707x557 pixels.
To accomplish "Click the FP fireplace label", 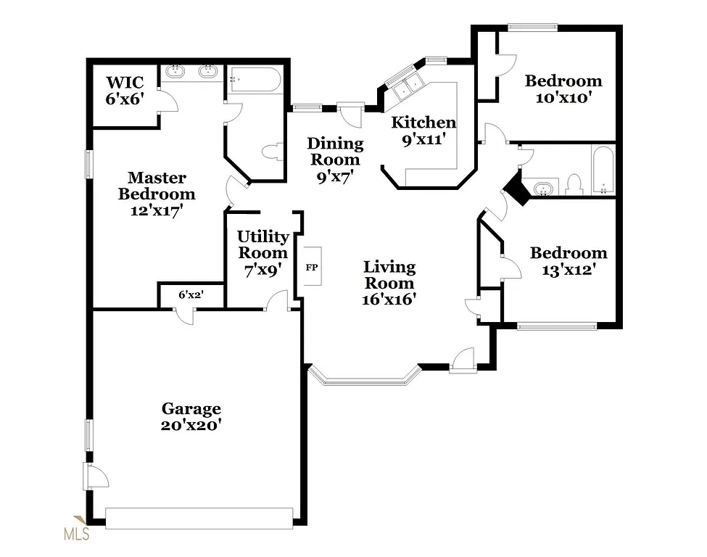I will pos(311,268).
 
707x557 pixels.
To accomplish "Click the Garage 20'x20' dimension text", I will pos(191,425).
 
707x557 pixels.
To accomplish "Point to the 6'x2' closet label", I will pos(191,295).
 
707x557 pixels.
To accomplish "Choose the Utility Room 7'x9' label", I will pos(263,252).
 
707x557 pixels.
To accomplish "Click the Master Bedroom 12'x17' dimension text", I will pos(157,211).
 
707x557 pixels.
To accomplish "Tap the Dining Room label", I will pos(334,160).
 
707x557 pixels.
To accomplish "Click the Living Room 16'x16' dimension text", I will pos(389,298).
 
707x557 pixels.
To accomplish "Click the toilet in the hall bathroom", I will pos(574,184).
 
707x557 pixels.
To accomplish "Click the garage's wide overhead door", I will pos(199,518).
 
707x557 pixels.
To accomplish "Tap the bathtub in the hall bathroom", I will pos(603,170).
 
